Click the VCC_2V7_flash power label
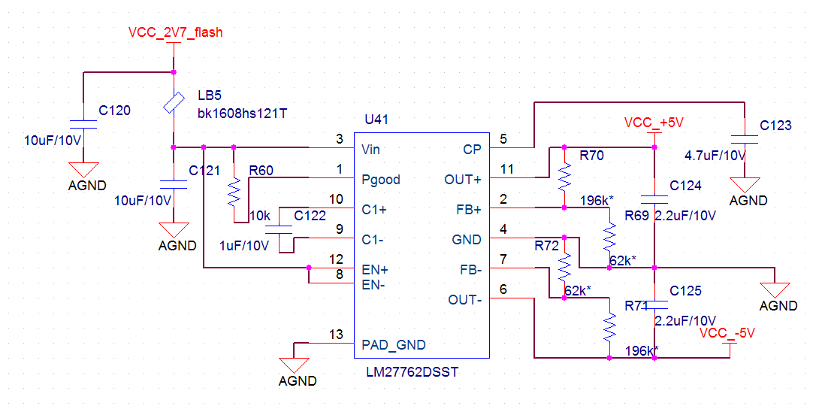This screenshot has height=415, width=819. pos(175,32)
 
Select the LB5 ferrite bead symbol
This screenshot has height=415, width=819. pos(174,103)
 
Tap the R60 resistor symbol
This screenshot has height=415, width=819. pos(234,192)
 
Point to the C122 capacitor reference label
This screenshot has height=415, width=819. pos(310,216)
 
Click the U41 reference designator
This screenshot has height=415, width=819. pos(376,120)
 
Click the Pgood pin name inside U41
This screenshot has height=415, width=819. pos(380,180)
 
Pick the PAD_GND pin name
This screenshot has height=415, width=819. pos(393,345)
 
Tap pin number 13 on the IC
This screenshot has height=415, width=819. pos(336,335)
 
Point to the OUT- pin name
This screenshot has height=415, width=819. pos(464,300)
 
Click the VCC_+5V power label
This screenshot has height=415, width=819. pos(654,123)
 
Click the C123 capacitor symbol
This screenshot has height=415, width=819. pos(745,139)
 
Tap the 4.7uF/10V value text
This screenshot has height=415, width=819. pos(715,156)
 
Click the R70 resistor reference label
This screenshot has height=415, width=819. pos(591,156)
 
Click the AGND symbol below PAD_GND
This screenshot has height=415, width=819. pos(298,366)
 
